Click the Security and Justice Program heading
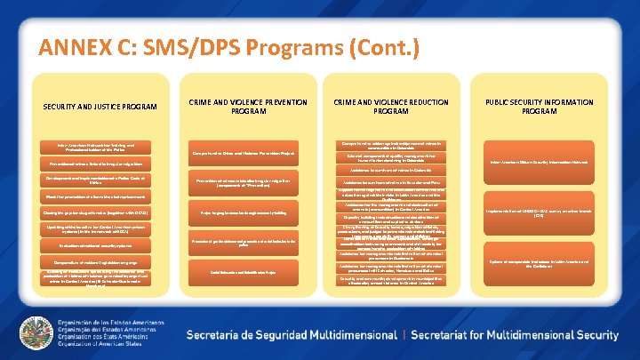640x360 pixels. click(100, 108)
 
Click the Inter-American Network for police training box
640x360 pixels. click(100, 147)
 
